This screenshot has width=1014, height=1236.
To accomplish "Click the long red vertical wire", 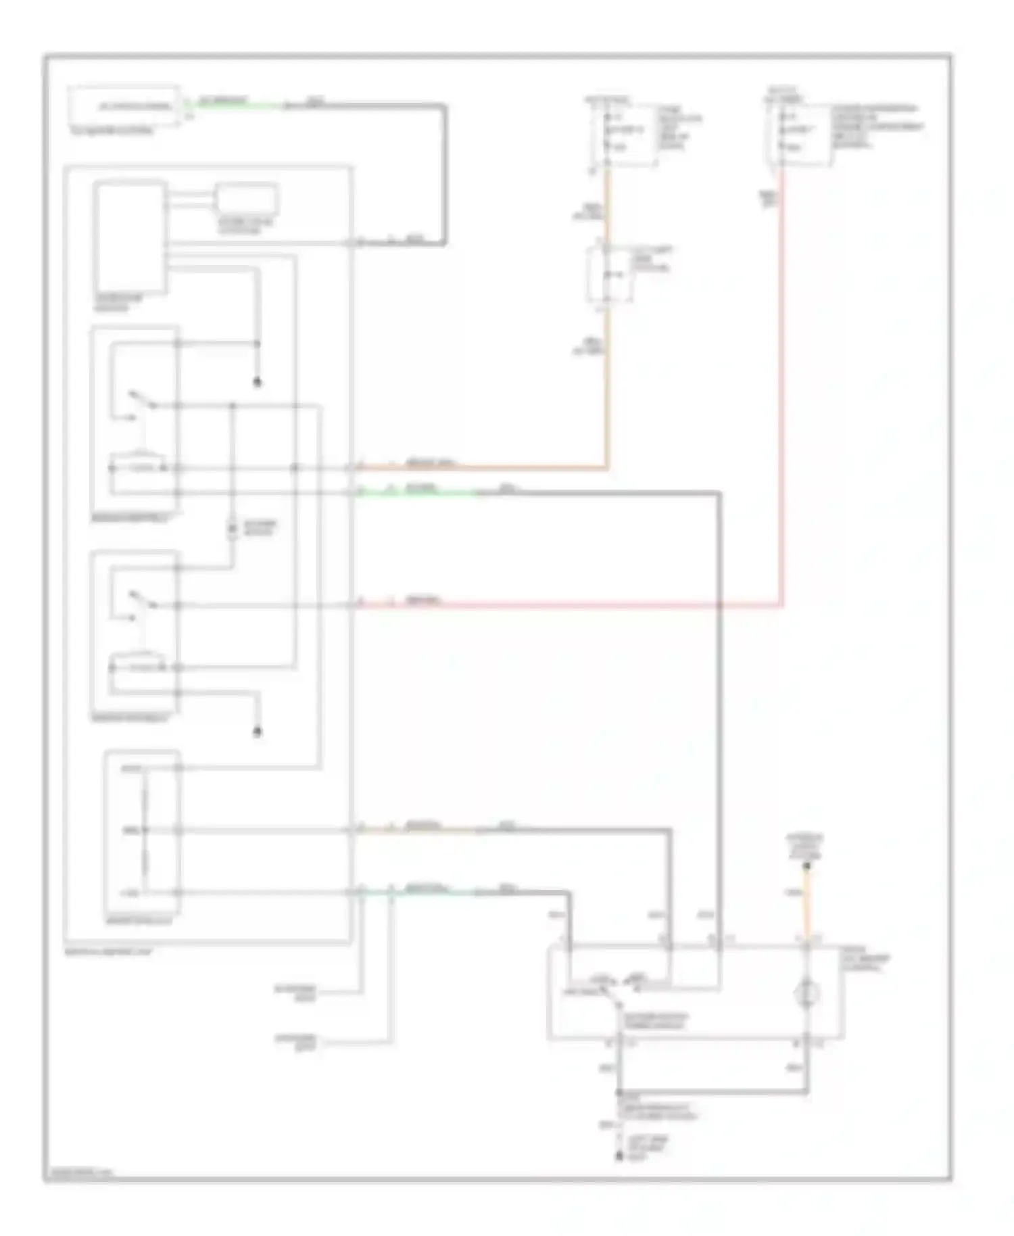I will pyautogui.click(x=782, y=385).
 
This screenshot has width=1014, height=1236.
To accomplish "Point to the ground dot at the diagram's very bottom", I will pyautogui.click(x=619, y=1157).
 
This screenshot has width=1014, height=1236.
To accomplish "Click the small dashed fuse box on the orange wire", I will pyautogui.click(x=608, y=275).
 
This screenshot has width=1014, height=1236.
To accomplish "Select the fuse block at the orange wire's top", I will pyautogui.click(x=622, y=135).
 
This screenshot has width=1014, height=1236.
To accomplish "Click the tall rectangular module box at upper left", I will pyautogui.click(x=130, y=236).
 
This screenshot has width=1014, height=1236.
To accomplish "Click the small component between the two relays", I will pyautogui.click(x=232, y=529).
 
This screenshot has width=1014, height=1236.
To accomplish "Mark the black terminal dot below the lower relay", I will pyautogui.click(x=257, y=732).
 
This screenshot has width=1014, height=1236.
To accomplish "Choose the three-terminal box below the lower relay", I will pyautogui.click(x=142, y=831).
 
